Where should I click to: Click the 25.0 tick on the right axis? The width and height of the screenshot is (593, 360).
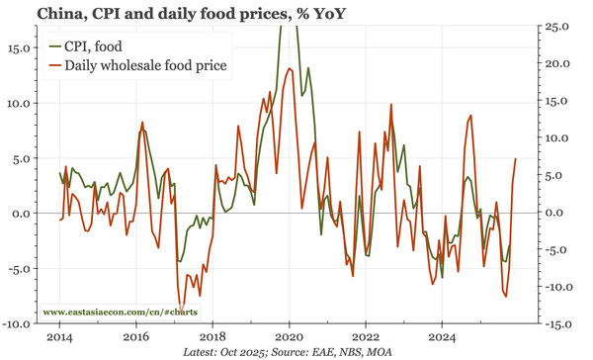[558, 26]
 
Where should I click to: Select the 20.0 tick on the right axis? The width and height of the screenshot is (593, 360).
[558, 63]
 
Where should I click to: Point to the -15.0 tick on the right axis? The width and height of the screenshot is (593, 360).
[556, 323]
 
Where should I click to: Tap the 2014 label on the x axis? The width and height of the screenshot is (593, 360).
[59, 336]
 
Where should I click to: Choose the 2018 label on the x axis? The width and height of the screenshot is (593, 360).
[212, 336]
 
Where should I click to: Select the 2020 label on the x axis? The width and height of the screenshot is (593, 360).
[289, 336]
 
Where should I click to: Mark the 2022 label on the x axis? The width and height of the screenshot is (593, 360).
[366, 336]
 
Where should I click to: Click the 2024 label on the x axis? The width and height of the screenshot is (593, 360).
[442, 336]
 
